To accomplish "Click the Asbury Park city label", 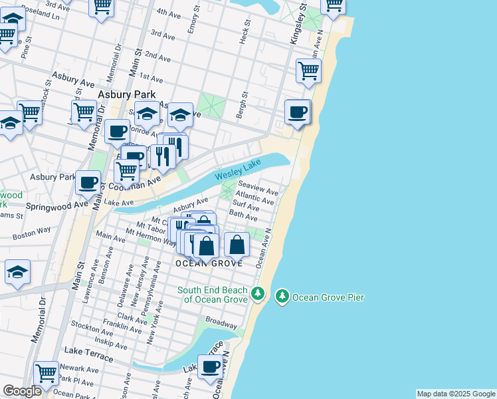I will tap(126, 94).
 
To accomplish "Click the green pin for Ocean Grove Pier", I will tap(282, 296).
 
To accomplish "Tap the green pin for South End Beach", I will tap(258, 294).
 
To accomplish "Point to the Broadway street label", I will tap(221, 323).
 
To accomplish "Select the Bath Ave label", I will tap(243, 216).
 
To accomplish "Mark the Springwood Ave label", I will tap(56, 206).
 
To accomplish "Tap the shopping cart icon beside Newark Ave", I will tap(46, 373).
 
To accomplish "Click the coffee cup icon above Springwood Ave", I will tap(88, 182).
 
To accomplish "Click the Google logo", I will tap(22, 391).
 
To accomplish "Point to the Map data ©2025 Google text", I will tap(456, 394).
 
